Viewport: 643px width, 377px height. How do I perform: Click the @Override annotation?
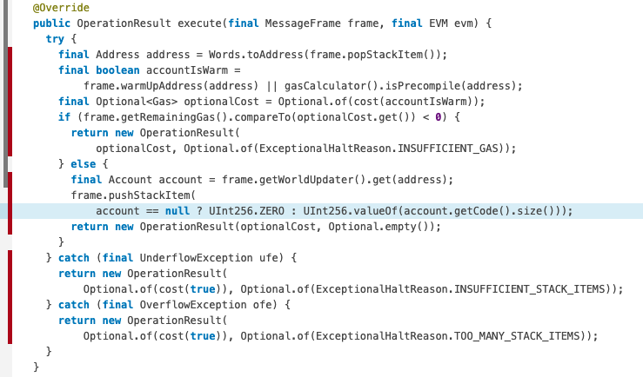point(61,8)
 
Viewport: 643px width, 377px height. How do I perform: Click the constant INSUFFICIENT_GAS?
point(452,149)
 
